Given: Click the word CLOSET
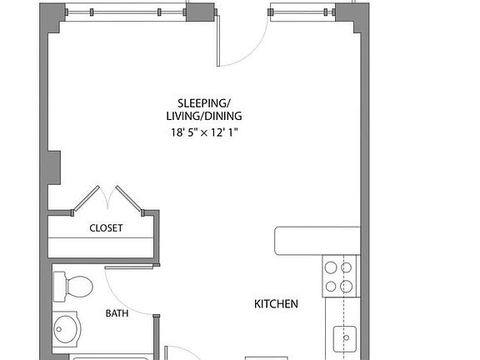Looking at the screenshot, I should pos(106,227).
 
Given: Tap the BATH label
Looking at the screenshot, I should pos(116,313).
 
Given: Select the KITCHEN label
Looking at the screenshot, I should pos(276,304).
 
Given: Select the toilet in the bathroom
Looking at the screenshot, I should pos(72,287).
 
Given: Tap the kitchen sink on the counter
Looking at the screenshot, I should pos(344,339).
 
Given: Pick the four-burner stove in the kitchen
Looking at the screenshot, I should pos(337,277).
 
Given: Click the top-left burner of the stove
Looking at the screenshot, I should pos(330,268).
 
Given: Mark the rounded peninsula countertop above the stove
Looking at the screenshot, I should pos(316,241).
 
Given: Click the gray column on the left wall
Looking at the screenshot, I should pos(54,167).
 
